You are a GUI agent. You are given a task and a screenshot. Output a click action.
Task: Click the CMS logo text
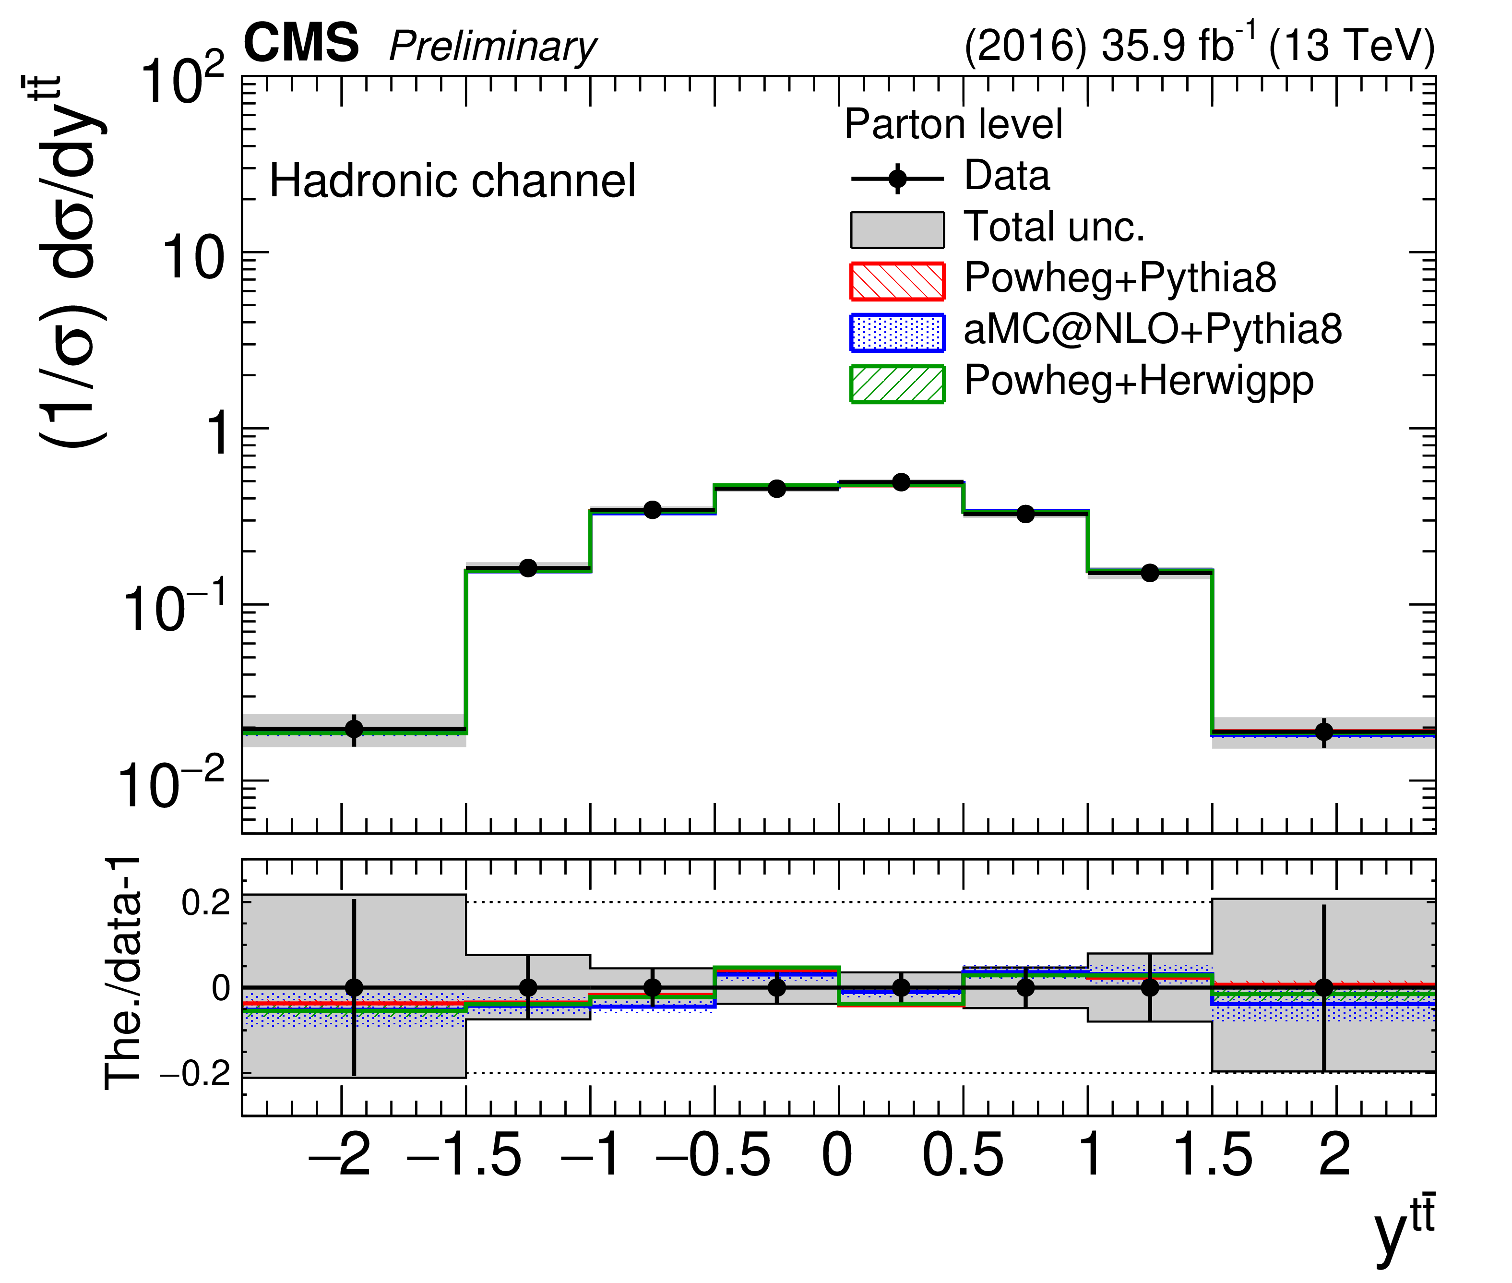tap(300, 44)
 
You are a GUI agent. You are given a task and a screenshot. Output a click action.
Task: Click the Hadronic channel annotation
tap(452, 181)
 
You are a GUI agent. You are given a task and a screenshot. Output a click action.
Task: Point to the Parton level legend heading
tap(953, 124)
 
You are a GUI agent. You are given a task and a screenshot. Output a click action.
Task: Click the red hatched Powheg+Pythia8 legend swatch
tap(897, 281)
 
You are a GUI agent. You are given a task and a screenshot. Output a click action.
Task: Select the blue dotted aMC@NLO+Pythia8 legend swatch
tap(897, 332)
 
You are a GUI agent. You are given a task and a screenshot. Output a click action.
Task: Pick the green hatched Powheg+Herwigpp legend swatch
tap(897, 384)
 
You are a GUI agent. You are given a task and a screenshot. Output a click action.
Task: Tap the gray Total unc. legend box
tap(897, 230)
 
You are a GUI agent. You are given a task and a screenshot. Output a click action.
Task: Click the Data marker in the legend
tap(898, 178)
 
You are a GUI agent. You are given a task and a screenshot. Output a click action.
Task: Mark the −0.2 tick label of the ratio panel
tap(195, 1074)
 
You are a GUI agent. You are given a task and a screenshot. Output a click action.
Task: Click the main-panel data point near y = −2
tap(354, 728)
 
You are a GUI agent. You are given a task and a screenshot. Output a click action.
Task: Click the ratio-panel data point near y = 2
tap(1324, 987)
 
